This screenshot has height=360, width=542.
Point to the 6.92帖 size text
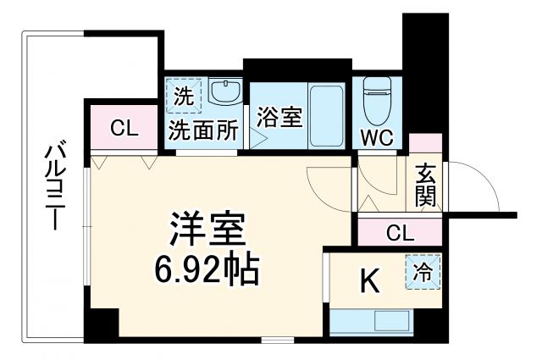point(207,269)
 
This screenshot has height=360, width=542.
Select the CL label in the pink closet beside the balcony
point(124,130)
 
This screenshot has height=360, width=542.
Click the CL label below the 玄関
point(400,231)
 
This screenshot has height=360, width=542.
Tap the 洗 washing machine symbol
point(183,96)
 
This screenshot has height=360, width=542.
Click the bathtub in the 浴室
point(324,115)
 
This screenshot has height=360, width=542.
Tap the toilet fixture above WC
point(374,100)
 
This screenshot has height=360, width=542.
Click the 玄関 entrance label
point(425,185)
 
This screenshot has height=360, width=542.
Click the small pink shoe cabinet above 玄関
point(425,143)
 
